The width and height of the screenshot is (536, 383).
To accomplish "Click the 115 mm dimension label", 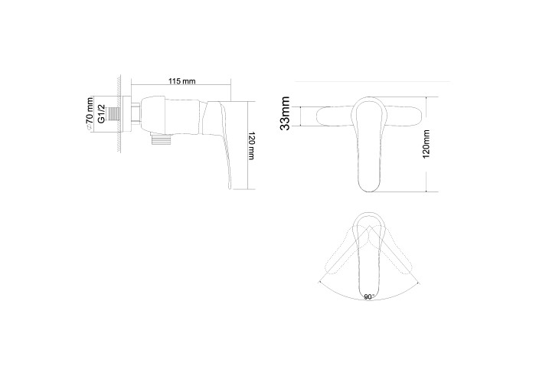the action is pos(182,81).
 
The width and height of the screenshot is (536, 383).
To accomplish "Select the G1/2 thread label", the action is pos(102,114).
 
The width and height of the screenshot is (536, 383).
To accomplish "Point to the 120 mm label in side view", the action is pos(251,146).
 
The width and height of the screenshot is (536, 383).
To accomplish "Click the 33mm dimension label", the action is pos(285,113).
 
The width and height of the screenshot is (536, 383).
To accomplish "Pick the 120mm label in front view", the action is pos(426,144).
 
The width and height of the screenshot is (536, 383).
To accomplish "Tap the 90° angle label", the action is pos(369,297).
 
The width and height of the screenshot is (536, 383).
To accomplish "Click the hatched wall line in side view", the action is pos(119,114).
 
